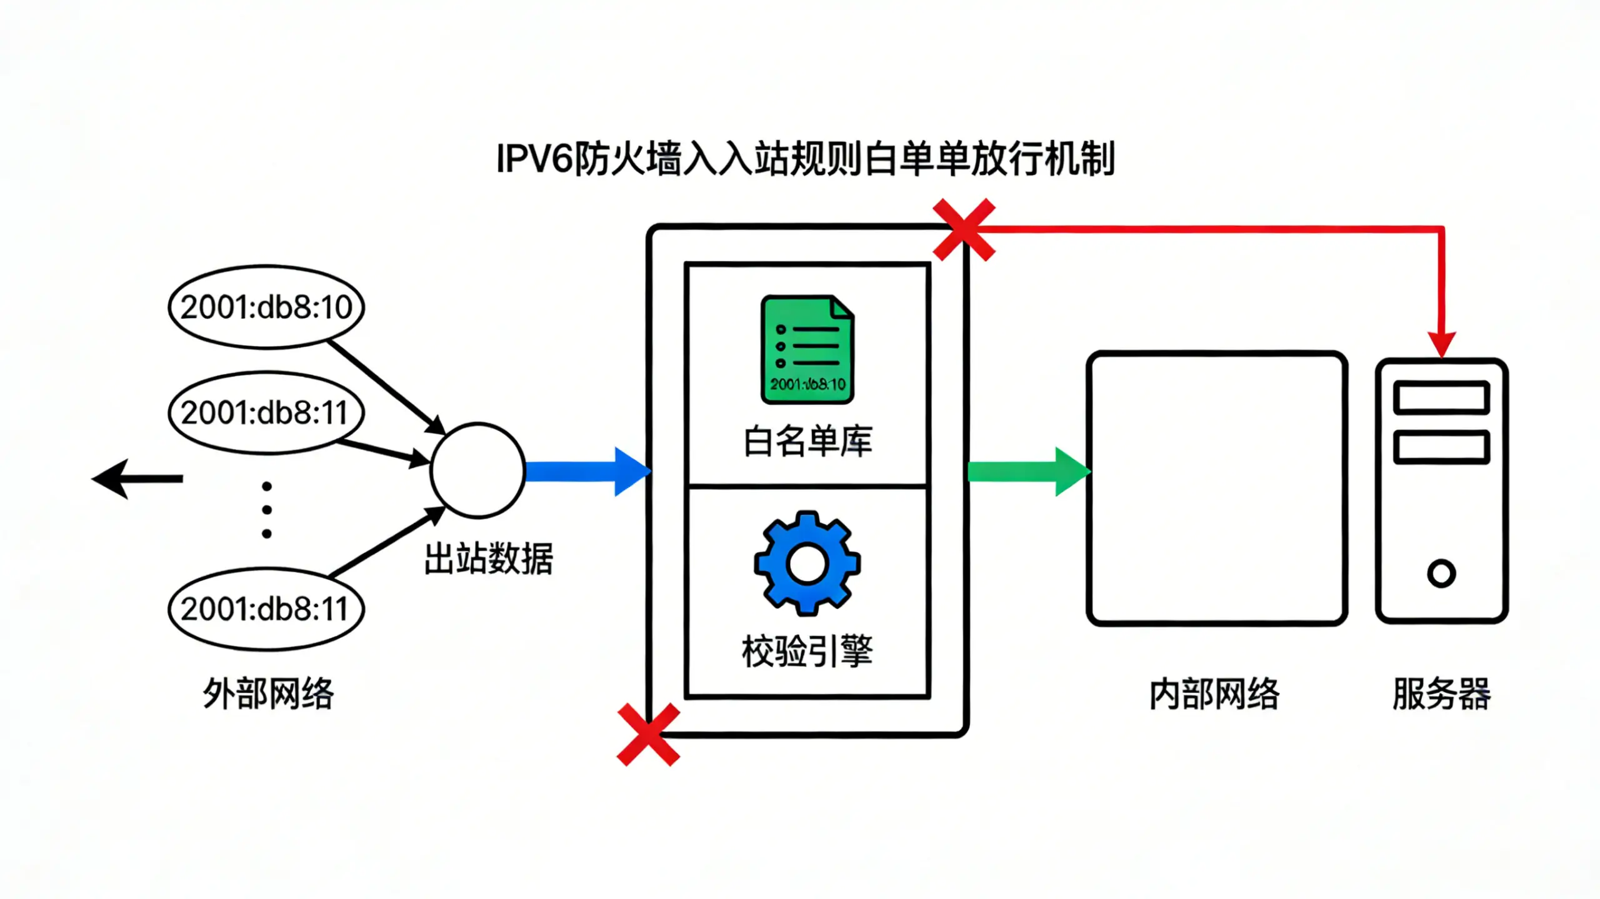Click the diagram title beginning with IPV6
(805, 159)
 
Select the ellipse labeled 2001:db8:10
(266, 307)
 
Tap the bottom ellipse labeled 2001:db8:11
(266, 608)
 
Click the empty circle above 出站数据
(477, 470)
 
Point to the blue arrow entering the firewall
(587, 472)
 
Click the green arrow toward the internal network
(1028, 472)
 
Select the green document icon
(807, 350)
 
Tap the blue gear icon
(807, 564)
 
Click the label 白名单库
(807, 441)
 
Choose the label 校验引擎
(807, 652)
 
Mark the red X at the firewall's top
(964, 230)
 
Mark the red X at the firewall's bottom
(648, 735)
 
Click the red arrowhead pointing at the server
(1442, 344)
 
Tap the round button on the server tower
(1441, 574)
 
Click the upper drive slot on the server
(1441, 398)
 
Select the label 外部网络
(268, 693)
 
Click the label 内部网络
(1214, 693)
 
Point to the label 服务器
(1441, 693)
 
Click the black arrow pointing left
(137, 479)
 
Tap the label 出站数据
(488, 559)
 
